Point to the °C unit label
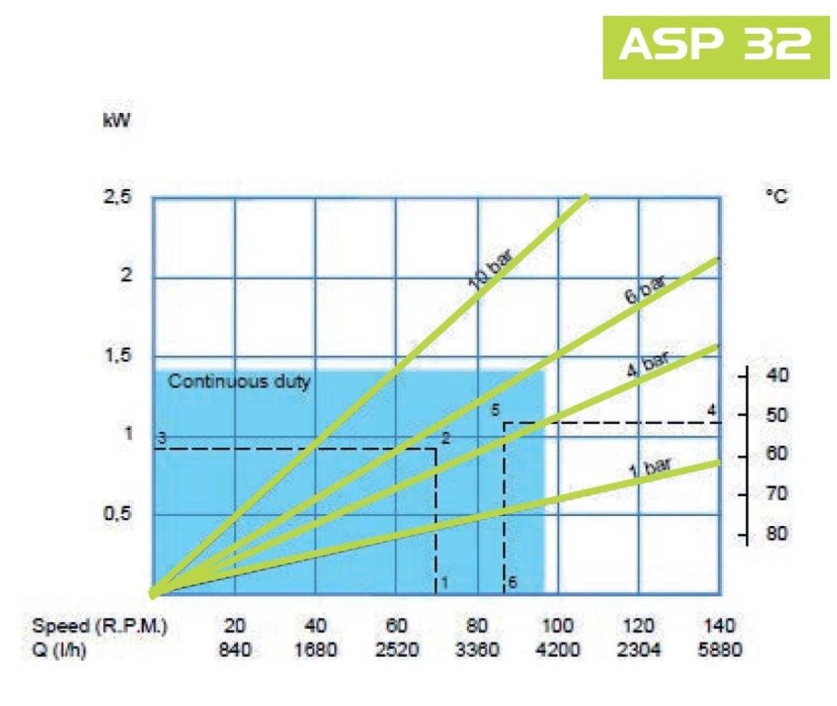point(776,197)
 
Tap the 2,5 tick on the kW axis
point(119,197)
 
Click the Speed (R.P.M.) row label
point(100,626)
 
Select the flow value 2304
point(639,649)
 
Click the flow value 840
point(235,649)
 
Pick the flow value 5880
point(720,649)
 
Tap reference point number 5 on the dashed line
point(496,409)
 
